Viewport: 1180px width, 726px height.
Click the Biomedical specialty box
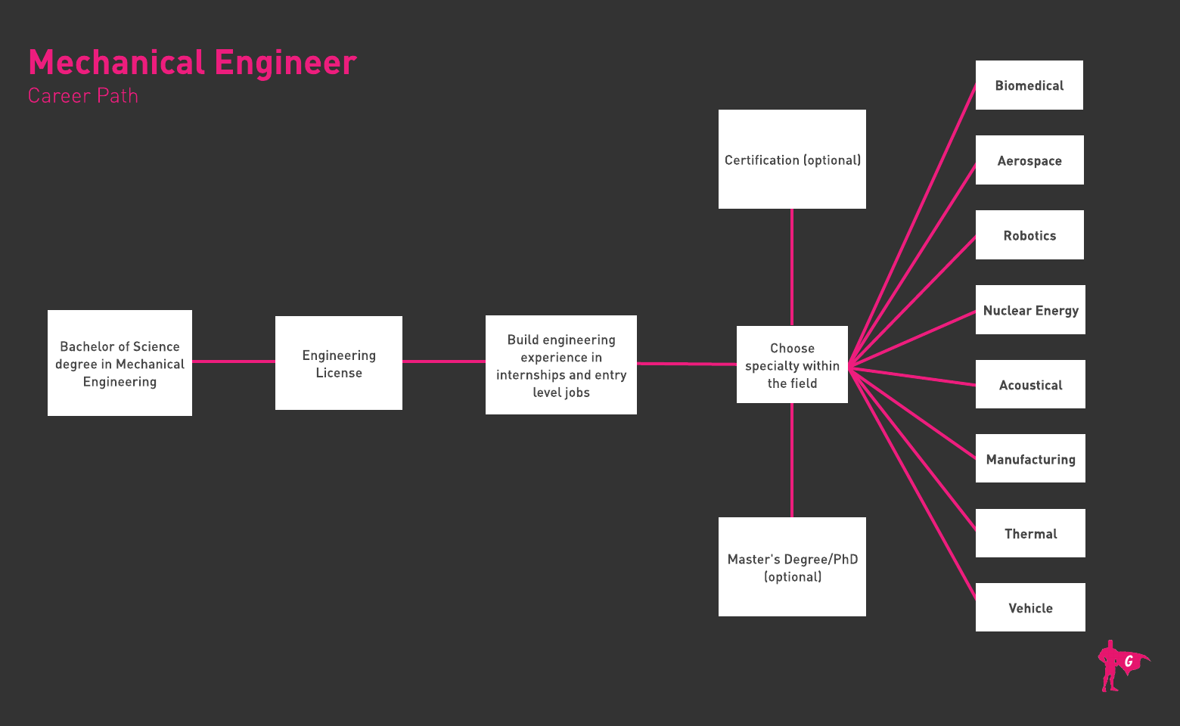pos(1029,85)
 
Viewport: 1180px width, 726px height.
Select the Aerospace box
pos(1029,160)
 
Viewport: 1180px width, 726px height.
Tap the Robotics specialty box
pos(1029,235)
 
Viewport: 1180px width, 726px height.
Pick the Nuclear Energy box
pos(1030,310)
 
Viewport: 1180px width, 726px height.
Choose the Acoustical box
pos(1030,384)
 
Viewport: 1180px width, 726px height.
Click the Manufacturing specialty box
pos(1030,458)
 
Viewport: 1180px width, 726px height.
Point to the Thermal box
pos(1030,533)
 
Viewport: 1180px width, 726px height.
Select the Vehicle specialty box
pos(1030,607)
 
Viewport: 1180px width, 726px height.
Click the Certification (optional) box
pos(792,160)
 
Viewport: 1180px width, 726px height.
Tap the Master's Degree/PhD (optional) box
pos(792,567)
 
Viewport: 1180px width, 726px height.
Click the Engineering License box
pos(339,363)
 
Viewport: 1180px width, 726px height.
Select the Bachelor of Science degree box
pos(120,363)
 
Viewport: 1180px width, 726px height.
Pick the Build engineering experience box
pos(561,365)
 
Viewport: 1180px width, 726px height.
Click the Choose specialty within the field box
pos(792,365)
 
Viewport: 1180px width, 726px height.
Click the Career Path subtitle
pos(83,96)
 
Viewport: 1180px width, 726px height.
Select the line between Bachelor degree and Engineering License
pos(234,361)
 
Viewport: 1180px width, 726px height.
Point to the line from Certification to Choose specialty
pos(792,267)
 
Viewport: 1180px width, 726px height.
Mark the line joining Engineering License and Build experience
pos(444,361)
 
